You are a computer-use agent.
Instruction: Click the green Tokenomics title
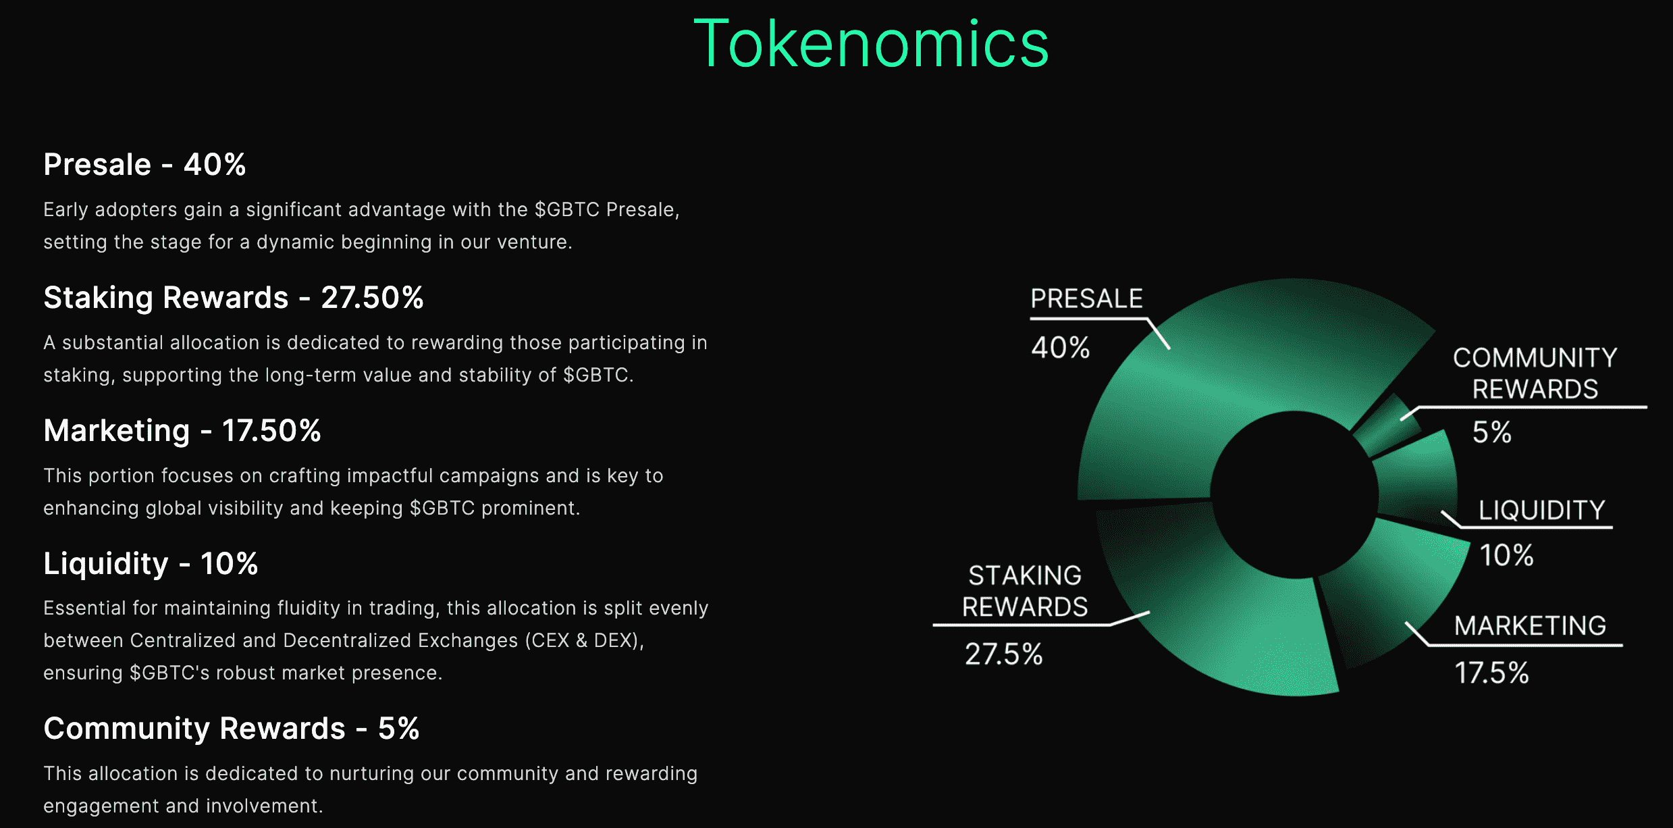pos(871,44)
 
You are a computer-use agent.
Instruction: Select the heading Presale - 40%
pos(144,164)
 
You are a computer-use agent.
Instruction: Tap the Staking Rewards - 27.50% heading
pos(234,298)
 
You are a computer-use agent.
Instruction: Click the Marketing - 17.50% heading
pos(182,431)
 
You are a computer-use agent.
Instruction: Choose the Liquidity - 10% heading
pos(151,564)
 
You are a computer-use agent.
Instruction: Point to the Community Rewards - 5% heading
pos(232,729)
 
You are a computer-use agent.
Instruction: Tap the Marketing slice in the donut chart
pos(1391,594)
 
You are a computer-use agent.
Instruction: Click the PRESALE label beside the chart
pos(1086,299)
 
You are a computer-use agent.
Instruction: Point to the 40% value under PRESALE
pos(1060,348)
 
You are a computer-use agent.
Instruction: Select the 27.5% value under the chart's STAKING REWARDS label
pos(1003,654)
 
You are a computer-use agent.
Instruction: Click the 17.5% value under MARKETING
pos(1491,673)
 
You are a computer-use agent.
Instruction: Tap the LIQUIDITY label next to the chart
pos(1542,511)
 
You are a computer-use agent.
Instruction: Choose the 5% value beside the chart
pos(1491,432)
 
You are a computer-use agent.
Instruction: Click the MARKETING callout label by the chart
pos(1530,626)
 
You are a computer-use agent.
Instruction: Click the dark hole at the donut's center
pos(1294,494)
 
